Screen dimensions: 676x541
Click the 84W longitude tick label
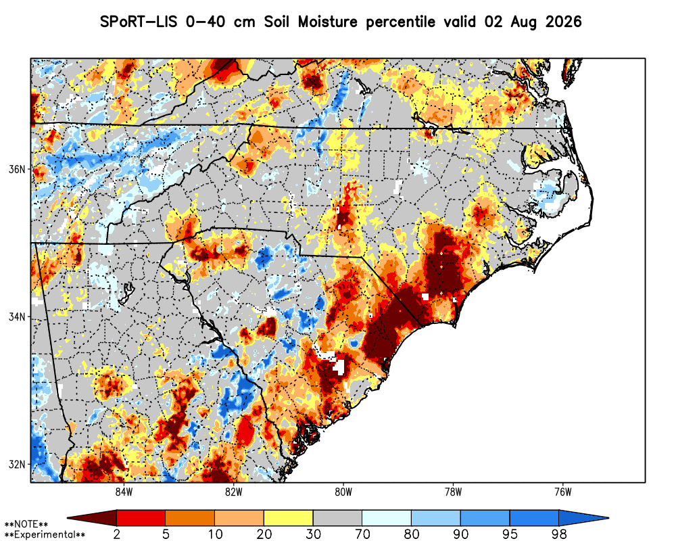[x=124, y=492]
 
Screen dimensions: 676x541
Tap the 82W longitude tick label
[x=234, y=492]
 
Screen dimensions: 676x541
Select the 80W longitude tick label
[x=343, y=492]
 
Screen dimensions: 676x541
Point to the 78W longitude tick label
[x=453, y=492]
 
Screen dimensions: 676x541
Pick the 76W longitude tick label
[x=563, y=492]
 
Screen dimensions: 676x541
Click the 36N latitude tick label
[x=18, y=169]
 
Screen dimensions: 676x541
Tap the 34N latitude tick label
[x=18, y=317]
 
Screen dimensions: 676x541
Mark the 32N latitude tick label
[x=18, y=465]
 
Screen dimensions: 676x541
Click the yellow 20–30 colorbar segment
[x=289, y=517]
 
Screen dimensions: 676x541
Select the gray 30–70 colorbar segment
[x=337, y=517]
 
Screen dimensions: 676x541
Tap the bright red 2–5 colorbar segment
[x=141, y=517]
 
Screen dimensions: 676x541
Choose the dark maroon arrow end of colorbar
[x=92, y=517]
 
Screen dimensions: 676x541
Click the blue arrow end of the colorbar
[x=584, y=517]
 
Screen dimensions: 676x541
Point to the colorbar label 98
[x=559, y=534]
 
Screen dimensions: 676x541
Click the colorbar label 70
[x=362, y=534]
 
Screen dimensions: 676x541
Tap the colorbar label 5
[x=166, y=534]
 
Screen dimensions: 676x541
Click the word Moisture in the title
[x=328, y=22]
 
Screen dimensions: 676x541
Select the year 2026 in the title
[x=564, y=22]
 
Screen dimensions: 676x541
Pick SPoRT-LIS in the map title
[x=139, y=22]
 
